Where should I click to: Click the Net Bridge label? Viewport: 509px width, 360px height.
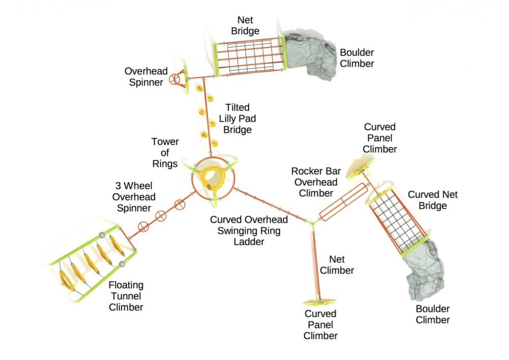245,25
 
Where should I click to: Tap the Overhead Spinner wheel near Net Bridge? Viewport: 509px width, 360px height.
175,79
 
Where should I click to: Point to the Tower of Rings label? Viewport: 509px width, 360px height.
165,152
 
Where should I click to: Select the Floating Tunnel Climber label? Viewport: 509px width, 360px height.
126,296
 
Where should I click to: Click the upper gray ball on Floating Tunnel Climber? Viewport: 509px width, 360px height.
102,235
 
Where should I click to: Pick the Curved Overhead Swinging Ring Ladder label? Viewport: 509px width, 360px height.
249,231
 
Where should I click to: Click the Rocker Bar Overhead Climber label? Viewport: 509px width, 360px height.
316,182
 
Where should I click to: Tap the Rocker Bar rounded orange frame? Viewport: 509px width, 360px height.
343,202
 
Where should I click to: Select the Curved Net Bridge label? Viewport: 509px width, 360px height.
433,200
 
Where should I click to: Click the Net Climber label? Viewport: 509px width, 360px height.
337,265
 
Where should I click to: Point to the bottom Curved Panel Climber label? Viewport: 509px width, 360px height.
321,324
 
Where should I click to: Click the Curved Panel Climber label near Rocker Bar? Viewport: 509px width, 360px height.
380,138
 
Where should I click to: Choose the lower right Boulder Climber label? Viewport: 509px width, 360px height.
433,314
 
